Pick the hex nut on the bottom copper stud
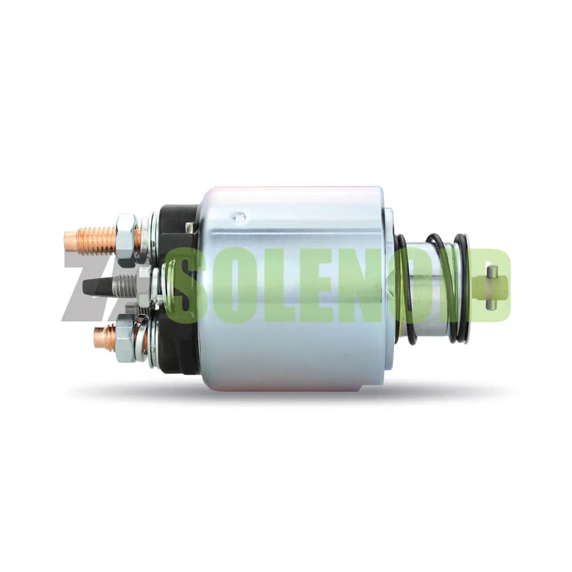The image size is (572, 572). tap(126, 339)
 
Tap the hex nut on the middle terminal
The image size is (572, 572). tap(144, 287)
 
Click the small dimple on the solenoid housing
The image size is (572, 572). tap(238, 217)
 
